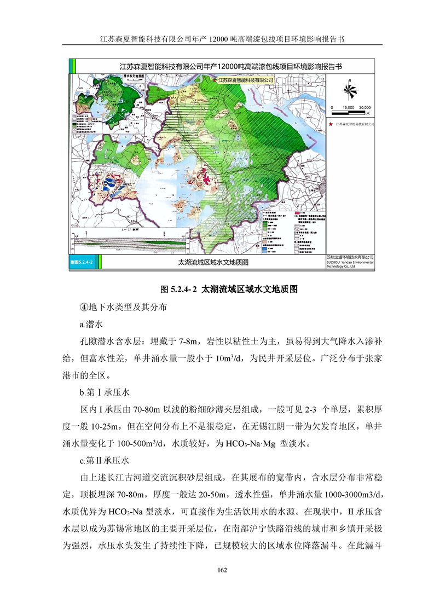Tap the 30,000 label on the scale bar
pos(364,107)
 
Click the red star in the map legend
pos(331,124)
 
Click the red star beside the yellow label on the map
pos(214,80)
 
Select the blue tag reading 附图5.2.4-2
pos(82,263)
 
